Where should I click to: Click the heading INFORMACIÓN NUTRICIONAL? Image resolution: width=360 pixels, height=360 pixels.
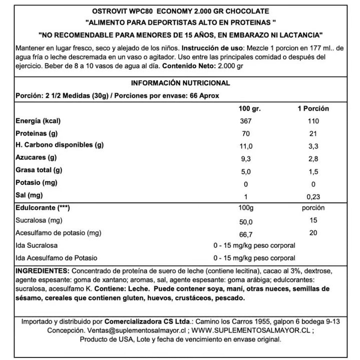coord(180,83)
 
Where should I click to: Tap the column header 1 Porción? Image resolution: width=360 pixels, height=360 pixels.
coord(313,109)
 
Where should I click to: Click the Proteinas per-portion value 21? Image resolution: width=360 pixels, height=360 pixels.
coord(313,134)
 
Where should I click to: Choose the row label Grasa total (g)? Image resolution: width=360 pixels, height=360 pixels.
coord(39,170)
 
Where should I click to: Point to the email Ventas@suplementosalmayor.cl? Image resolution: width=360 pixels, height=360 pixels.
coord(130,331)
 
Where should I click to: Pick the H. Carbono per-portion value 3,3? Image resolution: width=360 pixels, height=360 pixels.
coord(313,146)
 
